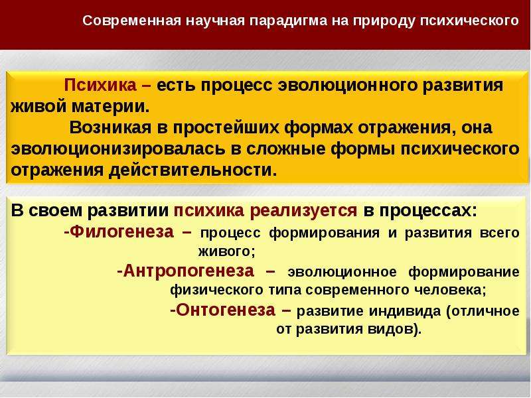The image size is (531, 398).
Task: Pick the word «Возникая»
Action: [x=110, y=127]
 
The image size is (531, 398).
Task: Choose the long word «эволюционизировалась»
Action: [x=118, y=149]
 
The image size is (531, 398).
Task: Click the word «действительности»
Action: [x=190, y=170]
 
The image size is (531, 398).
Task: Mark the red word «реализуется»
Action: [x=303, y=211]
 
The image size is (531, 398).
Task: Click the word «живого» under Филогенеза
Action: [x=226, y=252]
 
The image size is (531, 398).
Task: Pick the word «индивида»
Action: [x=405, y=311]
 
